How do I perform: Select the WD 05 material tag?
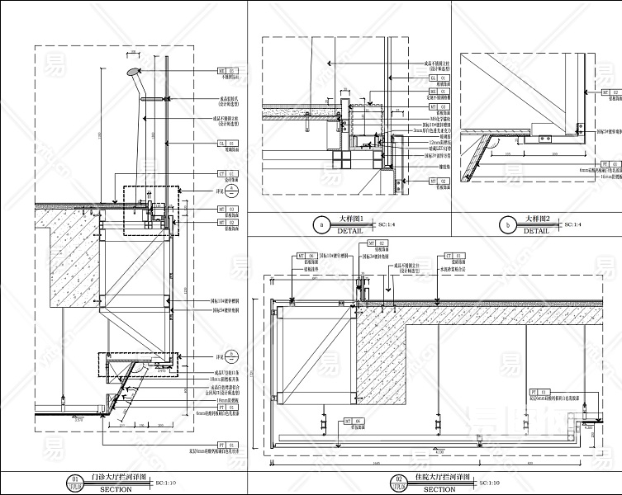[x=226, y=72]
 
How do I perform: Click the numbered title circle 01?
[x=75, y=478]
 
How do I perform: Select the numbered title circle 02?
[x=398, y=478]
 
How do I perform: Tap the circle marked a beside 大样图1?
[x=321, y=224]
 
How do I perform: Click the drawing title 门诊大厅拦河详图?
[x=117, y=478]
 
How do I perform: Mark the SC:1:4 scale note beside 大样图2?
[x=571, y=224]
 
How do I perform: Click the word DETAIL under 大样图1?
[x=349, y=231]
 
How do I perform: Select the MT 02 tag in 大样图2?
[x=607, y=92]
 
